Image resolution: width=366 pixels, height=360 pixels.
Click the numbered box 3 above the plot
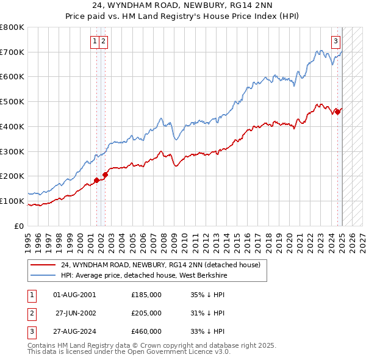(336, 41)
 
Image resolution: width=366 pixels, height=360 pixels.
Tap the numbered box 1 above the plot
(95, 41)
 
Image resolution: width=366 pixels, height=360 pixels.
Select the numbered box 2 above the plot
(103, 41)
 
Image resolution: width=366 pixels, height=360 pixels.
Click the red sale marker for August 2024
(338, 112)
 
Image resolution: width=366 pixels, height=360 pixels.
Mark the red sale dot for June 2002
(105, 175)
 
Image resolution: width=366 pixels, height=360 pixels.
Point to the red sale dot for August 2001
(96, 180)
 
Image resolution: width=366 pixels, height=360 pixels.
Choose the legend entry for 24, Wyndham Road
(160, 265)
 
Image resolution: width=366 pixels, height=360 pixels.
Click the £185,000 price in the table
(146, 295)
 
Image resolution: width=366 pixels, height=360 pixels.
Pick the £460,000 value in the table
(146, 331)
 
